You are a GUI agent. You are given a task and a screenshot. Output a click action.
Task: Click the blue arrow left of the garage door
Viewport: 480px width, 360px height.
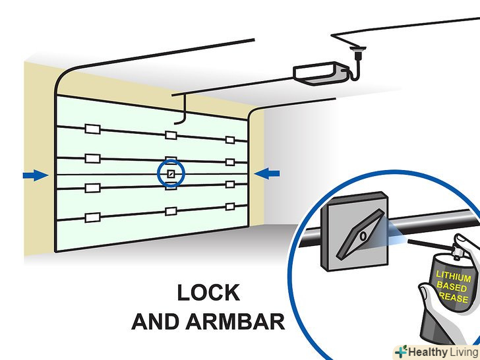click(x=34, y=175)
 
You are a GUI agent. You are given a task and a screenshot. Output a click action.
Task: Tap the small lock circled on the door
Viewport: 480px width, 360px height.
click(x=171, y=174)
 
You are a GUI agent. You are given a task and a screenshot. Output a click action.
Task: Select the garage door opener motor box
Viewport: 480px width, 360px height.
click(x=319, y=71)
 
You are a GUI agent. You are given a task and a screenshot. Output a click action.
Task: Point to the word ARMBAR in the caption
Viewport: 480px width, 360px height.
click(x=235, y=322)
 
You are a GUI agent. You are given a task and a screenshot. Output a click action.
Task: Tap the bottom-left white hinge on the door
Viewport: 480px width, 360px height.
click(x=91, y=216)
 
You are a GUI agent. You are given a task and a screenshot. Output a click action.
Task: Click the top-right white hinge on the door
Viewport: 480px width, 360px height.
click(x=230, y=139)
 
